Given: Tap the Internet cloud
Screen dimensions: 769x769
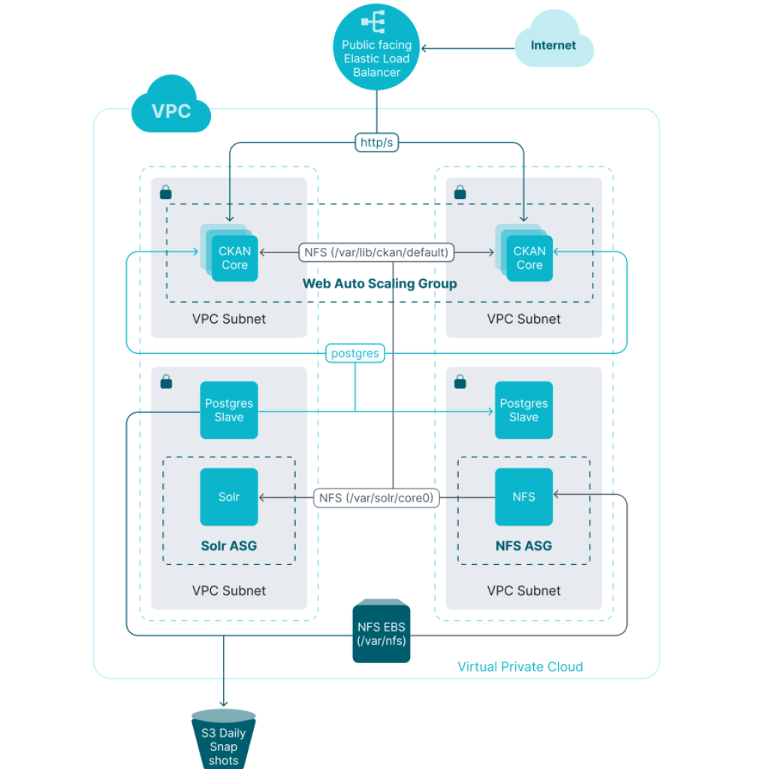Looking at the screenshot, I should pyautogui.click(x=553, y=46).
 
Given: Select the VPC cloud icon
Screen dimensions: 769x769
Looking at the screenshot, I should pyautogui.click(x=171, y=111).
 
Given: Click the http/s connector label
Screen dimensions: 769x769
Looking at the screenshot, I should pyautogui.click(x=376, y=143).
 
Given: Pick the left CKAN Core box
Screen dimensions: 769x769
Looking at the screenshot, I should pyautogui.click(x=234, y=258).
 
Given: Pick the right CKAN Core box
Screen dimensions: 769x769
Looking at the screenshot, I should pyautogui.click(x=529, y=258).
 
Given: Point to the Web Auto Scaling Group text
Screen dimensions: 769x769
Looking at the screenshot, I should pyautogui.click(x=379, y=283).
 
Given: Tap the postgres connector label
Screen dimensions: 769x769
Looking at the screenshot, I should pyautogui.click(x=355, y=353).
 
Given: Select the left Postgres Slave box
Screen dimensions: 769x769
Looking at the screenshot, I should pyautogui.click(x=229, y=410).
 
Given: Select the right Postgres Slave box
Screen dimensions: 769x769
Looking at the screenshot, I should pyautogui.click(x=523, y=410).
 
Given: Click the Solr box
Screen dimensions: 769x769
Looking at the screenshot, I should pyautogui.click(x=229, y=497).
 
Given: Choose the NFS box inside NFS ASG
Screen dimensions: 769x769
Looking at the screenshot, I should pyautogui.click(x=523, y=497).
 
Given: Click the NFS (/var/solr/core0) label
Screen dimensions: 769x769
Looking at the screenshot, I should pyautogui.click(x=377, y=497).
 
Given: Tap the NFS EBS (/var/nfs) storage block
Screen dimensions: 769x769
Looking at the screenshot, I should pyautogui.click(x=381, y=631).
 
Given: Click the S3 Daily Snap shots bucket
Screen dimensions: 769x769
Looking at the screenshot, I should pyautogui.click(x=224, y=740).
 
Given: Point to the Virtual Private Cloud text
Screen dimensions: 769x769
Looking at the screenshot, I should pyautogui.click(x=520, y=667).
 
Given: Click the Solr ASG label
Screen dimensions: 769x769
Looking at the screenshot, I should pyautogui.click(x=229, y=546).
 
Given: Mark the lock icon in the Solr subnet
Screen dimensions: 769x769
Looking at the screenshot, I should pyautogui.click(x=166, y=383).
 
